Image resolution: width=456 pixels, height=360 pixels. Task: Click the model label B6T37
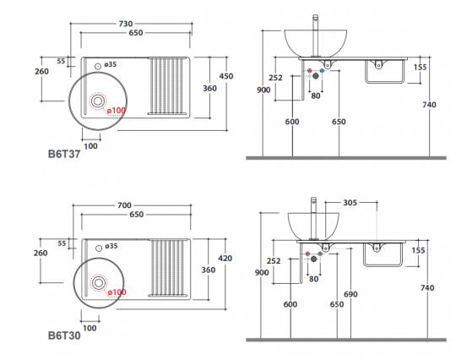tap(64, 154)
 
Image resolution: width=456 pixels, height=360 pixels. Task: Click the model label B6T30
tap(64, 335)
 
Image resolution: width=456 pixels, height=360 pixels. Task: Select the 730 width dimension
tap(126, 24)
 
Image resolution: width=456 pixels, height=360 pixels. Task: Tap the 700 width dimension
tap(124, 205)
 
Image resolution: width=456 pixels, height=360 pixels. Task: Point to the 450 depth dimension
tap(226, 76)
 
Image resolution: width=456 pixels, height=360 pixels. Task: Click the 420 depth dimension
tap(225, 258)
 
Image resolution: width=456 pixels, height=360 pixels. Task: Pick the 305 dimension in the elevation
tap(350, 203)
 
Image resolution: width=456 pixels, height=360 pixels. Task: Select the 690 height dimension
tap(350, 295)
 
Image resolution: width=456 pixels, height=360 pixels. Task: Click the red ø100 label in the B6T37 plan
tap(116, 111)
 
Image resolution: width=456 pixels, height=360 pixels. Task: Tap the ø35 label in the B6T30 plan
tap(111, 246)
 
